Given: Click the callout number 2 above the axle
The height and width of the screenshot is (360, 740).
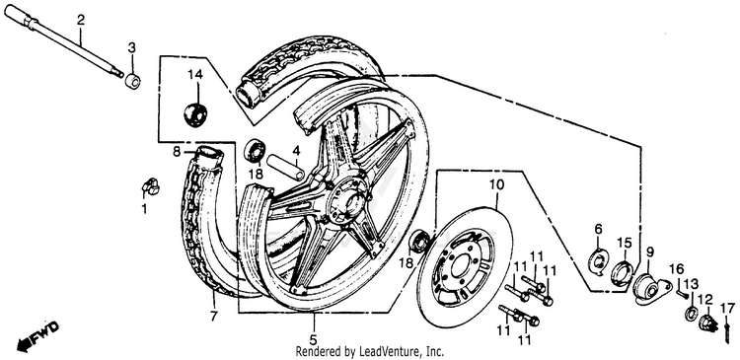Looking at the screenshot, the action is coord(81,21).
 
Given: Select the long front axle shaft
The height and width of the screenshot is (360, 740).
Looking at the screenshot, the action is coord(64,40).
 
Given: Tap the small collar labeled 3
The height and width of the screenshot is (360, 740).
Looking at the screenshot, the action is coord(132,81).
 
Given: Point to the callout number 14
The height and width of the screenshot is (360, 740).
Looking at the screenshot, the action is coord(195,75).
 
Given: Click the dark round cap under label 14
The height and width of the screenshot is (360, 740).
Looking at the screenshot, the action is coord(195,114).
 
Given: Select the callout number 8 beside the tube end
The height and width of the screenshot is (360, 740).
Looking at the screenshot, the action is coord(177,152).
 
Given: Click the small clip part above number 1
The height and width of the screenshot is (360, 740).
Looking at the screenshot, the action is coord(151,187).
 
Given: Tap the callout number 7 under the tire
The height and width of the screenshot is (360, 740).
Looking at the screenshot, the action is coord(214,316).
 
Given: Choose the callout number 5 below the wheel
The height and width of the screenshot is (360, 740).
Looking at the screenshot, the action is coord(314,339).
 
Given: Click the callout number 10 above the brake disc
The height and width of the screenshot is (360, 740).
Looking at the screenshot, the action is coord(497,183).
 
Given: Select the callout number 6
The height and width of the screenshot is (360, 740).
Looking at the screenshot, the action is coord(599,229).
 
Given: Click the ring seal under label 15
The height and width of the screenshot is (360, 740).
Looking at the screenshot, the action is coord(623,272).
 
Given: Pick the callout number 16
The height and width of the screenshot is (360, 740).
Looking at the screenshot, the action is coord(676,269).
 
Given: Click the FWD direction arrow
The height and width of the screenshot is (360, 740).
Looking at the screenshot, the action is coord(37,336).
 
